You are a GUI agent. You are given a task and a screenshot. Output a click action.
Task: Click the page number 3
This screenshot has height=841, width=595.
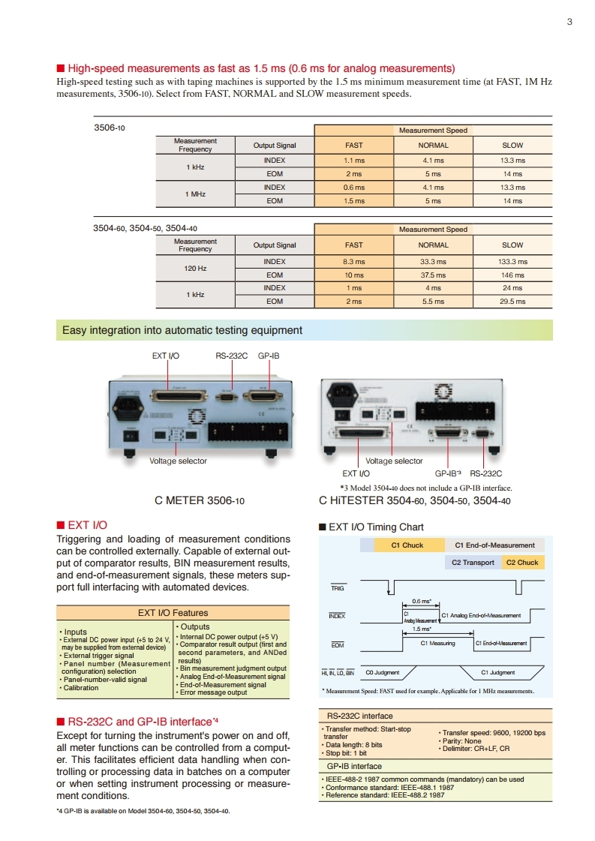569,22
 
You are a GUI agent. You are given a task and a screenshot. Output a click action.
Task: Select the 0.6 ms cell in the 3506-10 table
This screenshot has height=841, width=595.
353,188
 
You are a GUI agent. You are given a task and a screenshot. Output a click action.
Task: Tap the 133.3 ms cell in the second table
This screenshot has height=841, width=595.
512,262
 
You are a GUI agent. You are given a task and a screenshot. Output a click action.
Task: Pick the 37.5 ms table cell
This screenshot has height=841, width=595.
433,275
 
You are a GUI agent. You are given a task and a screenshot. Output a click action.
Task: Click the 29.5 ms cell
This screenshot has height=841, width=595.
512,302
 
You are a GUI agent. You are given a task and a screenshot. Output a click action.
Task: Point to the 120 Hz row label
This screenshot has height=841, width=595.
195,269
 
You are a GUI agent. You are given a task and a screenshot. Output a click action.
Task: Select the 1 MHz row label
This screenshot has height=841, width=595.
195,194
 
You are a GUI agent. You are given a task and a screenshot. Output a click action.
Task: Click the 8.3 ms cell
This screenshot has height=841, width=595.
353,262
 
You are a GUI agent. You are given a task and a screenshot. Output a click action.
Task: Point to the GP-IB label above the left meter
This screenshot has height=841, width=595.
269,356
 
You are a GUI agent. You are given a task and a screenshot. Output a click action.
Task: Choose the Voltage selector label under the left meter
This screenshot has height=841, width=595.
179,461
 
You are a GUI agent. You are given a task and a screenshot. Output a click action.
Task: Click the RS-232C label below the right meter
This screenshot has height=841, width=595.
485,473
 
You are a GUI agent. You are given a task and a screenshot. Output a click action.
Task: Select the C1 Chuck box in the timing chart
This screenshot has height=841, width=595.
408,545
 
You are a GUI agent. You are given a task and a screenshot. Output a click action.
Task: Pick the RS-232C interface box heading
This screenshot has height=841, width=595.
360,716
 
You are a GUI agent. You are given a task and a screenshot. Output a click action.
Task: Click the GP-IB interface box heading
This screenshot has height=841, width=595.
354,766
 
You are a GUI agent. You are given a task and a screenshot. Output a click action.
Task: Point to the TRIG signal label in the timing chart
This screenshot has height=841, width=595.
338,588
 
